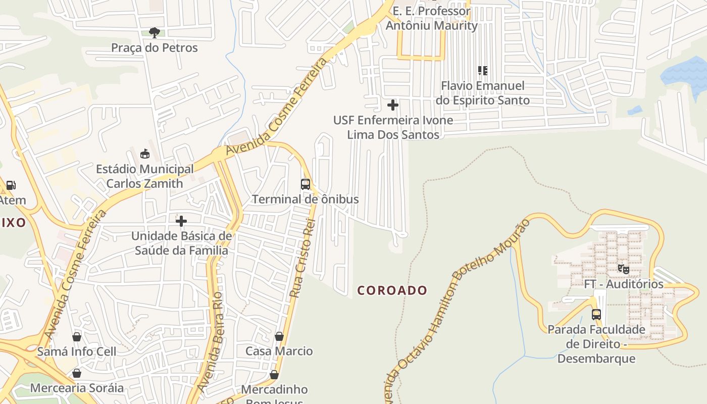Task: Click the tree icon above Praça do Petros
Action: [x=155, y=33]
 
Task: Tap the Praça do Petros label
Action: [x=155, y=48]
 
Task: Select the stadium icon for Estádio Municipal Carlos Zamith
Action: [x=145, y=154]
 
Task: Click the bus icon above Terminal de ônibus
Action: [x=306, y=184]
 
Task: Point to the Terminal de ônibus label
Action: [x=306, y=199]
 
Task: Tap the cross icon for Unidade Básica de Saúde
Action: [x=181, y=221]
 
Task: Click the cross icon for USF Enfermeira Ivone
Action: [x=393, y=105]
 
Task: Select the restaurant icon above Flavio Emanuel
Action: [x=483, y=71]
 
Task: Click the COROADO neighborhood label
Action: [x=392, y=290]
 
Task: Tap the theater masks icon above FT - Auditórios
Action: [x=624, y=269]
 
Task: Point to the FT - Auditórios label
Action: [x=624, y=284]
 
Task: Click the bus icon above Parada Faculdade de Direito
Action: [x=596, y=314]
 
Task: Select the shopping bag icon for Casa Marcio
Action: [x=279, y=336]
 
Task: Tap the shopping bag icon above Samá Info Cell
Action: [x=77, y=337]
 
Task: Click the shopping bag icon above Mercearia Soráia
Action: [x=77, y=374]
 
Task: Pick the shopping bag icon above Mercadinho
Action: [x=274, y=375]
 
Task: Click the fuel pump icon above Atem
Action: [x=11, y=185]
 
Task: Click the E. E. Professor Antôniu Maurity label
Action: [x=432, y=18]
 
